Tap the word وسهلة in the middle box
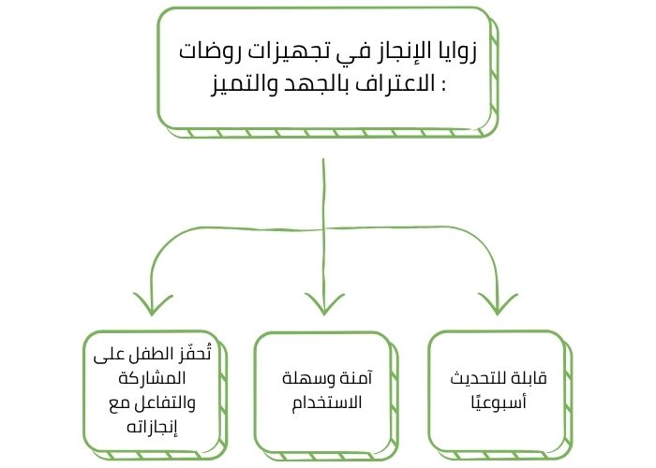tap(306, 381)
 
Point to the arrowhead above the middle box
tap(322, 302)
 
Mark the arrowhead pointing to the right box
tap(497, 302)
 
